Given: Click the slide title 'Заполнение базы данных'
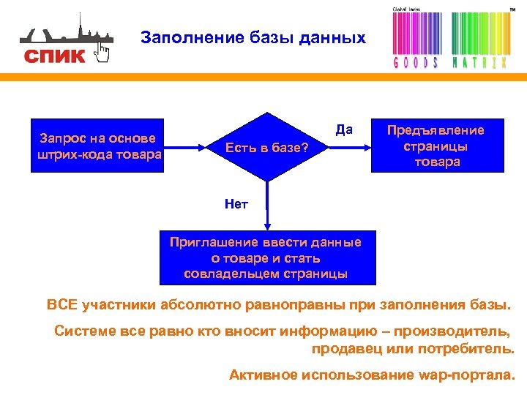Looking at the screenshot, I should tap(253, 37).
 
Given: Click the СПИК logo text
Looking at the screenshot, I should tap(54, 56).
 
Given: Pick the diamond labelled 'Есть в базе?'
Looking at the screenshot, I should tap(266, 147).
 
